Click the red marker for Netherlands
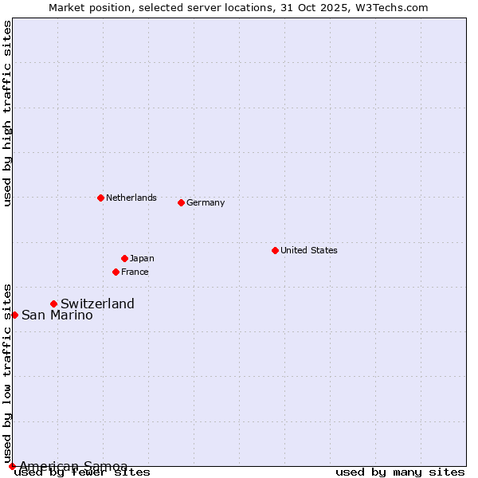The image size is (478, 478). point(100,198)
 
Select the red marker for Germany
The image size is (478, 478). point(181,202)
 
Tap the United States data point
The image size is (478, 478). point(275,250)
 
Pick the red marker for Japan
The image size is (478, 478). point(124,258)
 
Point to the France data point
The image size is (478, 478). point(116,272)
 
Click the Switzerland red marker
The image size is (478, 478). point(53,304)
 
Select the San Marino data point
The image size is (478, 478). point(14,315)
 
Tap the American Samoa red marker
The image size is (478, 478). point(12,466)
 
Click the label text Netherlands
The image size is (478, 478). point(131,198)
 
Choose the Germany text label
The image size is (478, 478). point(206,202)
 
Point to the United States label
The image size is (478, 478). point(309,250)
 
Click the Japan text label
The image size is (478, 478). point(142,258)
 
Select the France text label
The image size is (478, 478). point(135,272)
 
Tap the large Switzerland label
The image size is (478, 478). point(97,304)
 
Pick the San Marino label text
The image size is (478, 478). point(57,315)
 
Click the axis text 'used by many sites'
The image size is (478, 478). point(400,472)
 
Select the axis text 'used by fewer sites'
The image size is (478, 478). point(83,472)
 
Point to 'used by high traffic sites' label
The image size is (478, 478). point(7,113)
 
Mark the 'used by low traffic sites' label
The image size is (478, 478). point(7,373)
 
